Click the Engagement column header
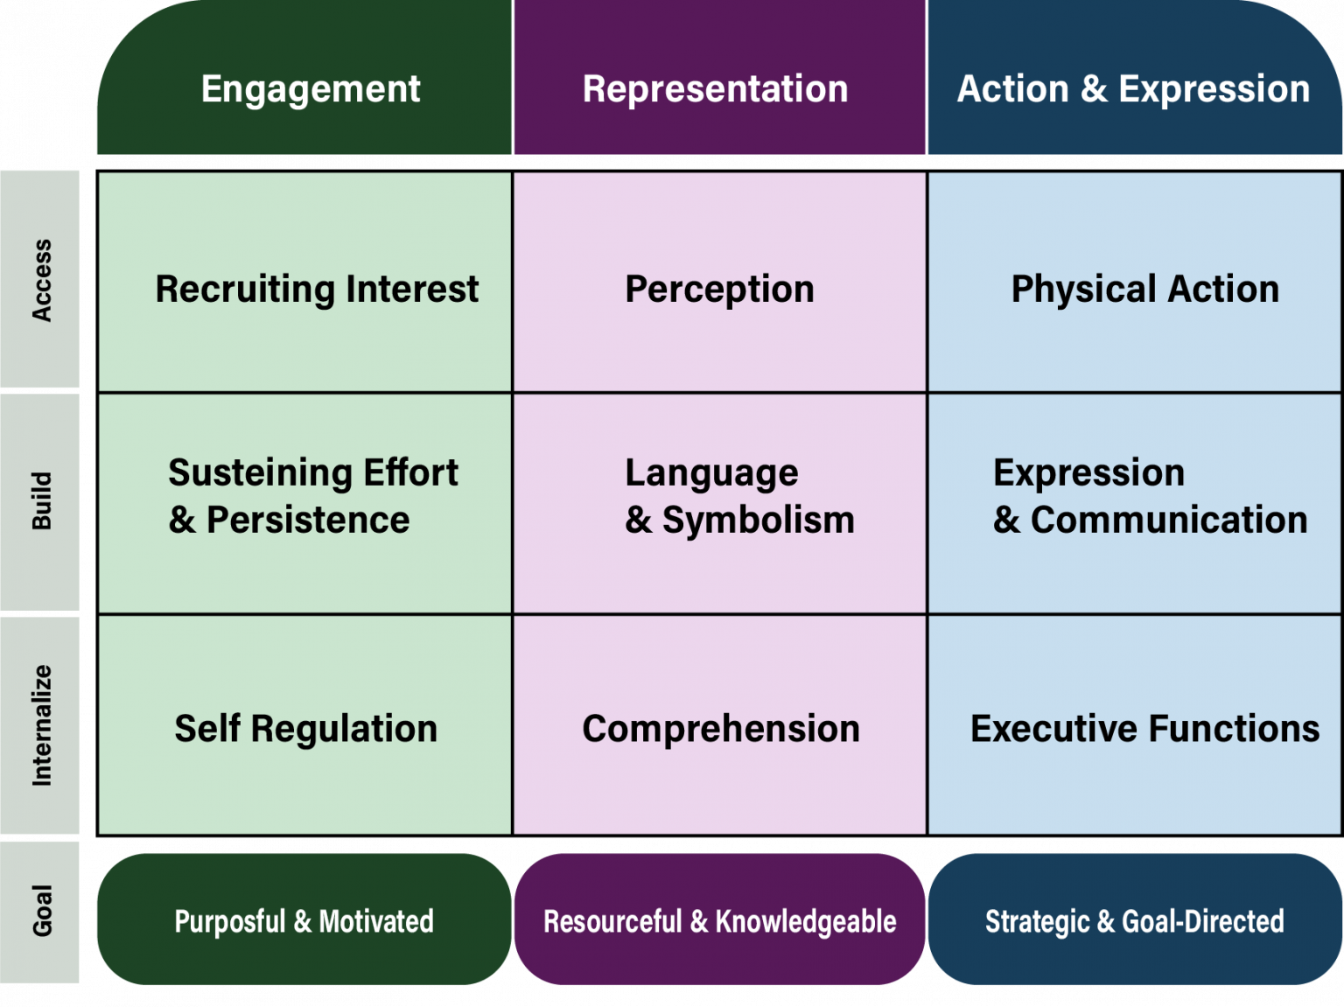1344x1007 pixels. click(311, 89)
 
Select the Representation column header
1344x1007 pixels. click(716, 89)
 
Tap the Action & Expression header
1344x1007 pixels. click(1133, 89)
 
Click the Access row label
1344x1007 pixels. click(41, 280)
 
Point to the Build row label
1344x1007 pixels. click(41, 501)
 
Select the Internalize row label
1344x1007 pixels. click(41, 724)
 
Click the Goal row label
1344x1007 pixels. click(41, 911)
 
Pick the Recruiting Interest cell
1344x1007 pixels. click(317, 290)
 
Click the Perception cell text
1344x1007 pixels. click(719, 290)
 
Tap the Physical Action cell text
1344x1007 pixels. click(1144, 290)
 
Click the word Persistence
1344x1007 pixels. click(308, 521)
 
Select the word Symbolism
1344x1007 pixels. click(758, 521)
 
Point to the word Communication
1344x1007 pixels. click(1169, 521)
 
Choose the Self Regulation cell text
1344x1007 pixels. click(305, 729)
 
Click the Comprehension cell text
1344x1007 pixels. click(721, 729)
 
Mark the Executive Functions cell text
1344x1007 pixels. click(1144, 729)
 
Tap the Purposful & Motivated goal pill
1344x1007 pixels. click(304, 921)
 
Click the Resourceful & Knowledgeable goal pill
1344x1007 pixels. click(719, 921)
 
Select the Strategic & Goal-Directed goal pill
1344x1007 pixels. click(1134, 921)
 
